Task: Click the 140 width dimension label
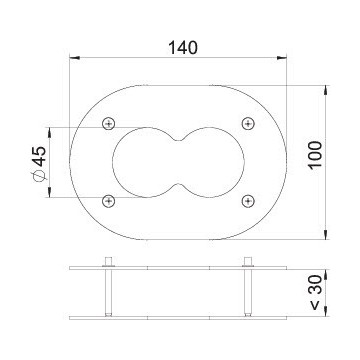coord(183,48)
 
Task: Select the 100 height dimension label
coord(315,155)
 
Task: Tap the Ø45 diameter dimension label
coord(39,164)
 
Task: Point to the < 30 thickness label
coord(315,293)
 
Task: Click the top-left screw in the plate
coord(109,124)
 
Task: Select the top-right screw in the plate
coord(248,124)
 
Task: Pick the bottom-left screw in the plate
coord(109,201)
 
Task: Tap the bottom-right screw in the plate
coord(248,201)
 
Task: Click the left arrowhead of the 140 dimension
coord(74,58)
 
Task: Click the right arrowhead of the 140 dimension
coord(282,58)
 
